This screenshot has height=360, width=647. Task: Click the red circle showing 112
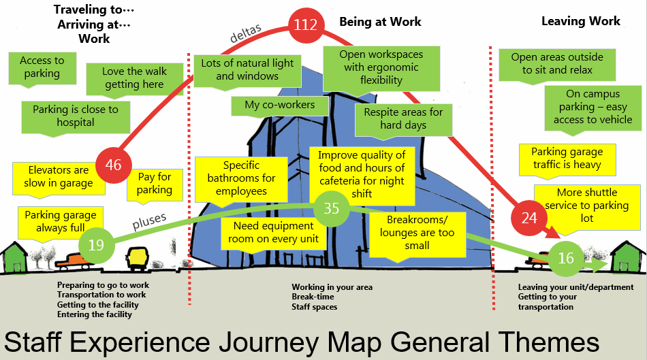(x=306, y=25)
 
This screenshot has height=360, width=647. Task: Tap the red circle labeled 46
(x=114, y=165)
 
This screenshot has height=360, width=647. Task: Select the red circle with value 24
(x=528, y=217)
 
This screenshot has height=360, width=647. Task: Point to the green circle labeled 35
(x=331, y=208)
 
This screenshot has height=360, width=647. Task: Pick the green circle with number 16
(x=566, y=258)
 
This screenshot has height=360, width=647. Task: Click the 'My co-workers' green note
(x=280, y=105)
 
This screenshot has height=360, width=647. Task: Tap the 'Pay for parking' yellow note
(x=155, y=183)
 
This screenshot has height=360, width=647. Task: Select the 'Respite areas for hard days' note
(x=403, y=118)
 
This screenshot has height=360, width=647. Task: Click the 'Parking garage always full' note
(x=61, y=221)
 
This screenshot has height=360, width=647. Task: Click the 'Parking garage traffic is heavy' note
(x=567, y=159)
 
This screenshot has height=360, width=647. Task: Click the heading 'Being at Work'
(x=380, y=22)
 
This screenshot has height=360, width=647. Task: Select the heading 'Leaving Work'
(x=580, y=21)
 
